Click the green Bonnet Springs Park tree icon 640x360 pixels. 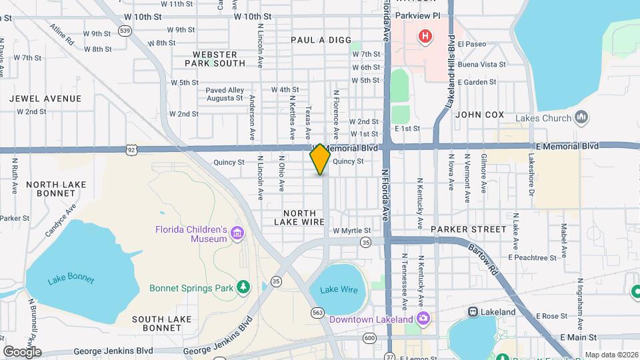pos(244,287)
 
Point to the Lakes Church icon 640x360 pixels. pos(582,118)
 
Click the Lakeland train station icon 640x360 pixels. pos(472,311)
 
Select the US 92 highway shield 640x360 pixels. pos(131,149)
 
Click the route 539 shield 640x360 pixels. pos(124,31)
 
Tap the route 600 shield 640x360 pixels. pos(369,339)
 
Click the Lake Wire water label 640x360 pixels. pos(339,289)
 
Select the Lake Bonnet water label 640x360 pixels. pos(71,280)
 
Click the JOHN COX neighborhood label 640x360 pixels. pos(479,115)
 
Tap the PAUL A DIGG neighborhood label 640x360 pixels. pos(321,40)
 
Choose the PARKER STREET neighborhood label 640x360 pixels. pos(468,229)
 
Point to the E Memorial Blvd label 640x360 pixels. pos(567,145)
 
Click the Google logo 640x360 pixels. pos(22,351)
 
